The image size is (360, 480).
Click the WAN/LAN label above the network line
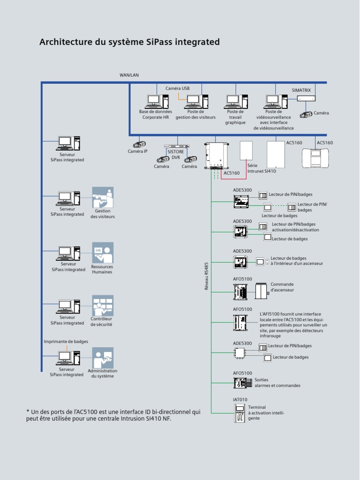pyautogui.click(x=129, y=75)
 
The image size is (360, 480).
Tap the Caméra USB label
pyautogui.click(x=178, y=88)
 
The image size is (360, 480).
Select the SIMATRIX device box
pyautogui.click(x=306, y=98)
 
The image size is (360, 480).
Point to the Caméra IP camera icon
pyautogui.click(x=139, y=144)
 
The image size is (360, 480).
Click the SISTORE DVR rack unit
pyautogui.click(x=177, y=146)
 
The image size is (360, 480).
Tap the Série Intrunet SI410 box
pyautogui.click(x=246, y=151)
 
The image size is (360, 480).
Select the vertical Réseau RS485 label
pyautogui.click(x=206, y=276)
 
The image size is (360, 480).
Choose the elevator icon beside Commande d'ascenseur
pyautogui.click(x=261, y=291)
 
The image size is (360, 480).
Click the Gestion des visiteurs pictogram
pyautogui.click(x=103, y=197)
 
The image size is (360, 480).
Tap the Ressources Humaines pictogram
pyautogui.click(x=103, y=253)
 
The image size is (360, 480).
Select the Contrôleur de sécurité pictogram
pyautogui.click(x=103, y=306)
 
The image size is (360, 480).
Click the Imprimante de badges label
pyautogui.click(x=66, y=342)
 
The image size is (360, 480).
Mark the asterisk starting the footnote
pyautogui.click(x=28, y=412)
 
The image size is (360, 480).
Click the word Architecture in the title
pyautogui.click(x=66, y=42)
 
